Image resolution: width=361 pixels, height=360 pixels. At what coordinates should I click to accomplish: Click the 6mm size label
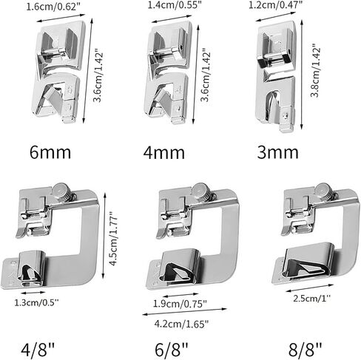click(50, 152)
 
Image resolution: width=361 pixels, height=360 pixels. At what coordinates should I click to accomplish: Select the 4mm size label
click(164, 152)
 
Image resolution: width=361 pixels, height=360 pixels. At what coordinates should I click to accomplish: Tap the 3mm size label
click(278, 152)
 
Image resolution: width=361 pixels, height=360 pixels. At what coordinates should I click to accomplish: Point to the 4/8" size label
click(38, 349)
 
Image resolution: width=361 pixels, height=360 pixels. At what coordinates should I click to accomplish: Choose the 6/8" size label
click(172, 349)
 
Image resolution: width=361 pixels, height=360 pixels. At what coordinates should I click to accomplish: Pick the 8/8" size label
click(306, 349)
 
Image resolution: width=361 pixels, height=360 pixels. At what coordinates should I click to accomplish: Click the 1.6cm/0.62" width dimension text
click(53, 7)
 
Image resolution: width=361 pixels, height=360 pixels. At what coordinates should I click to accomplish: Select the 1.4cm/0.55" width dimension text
click(175, 5)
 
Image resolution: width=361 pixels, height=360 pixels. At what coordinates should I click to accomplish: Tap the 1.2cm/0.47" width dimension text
click(275, 4)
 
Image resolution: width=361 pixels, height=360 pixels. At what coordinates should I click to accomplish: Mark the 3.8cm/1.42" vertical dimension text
click(315, 71)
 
